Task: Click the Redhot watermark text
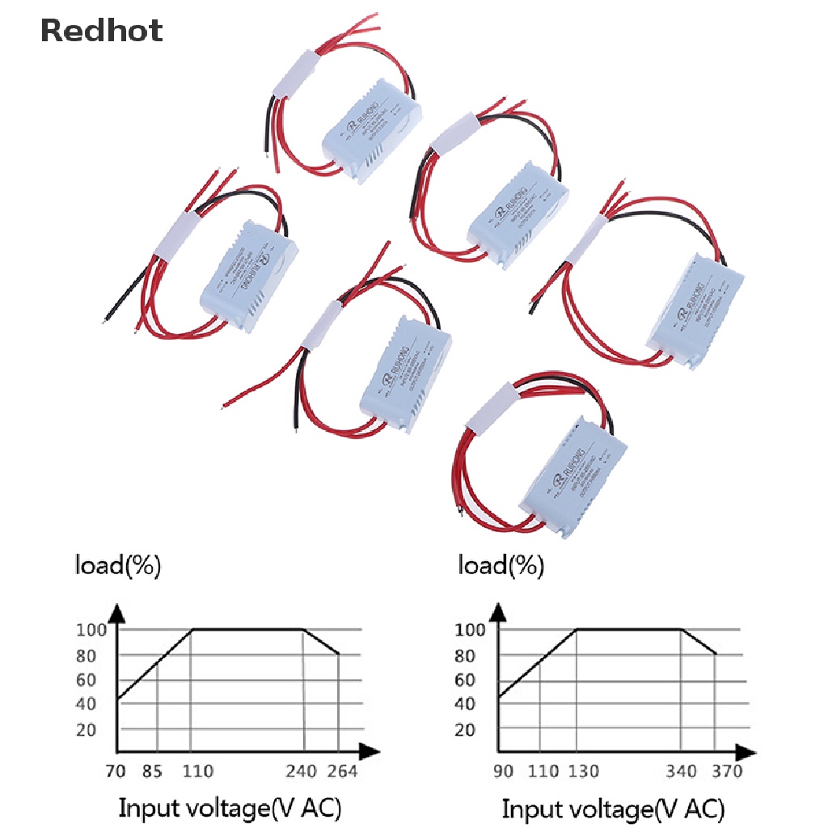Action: click(101, 31)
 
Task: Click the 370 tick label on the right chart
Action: click(726, 771)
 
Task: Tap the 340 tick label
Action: click(682, 771)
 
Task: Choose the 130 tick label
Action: click(582, 771)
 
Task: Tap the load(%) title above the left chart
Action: click(118, 566)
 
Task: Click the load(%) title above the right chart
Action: click(501, 566)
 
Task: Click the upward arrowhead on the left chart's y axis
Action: click(119, 615)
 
